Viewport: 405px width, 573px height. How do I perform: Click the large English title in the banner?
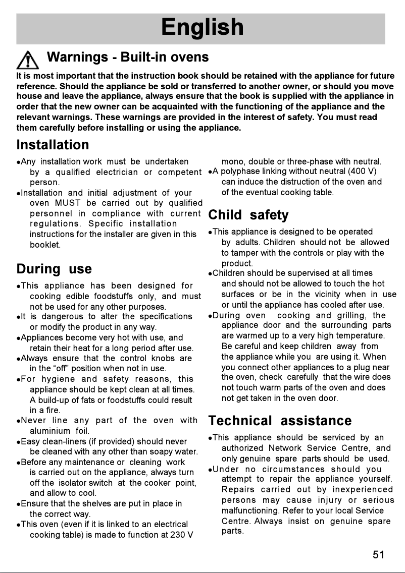pyautogui.click(x=202, y=27)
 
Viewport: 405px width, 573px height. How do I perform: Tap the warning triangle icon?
pyautogui.click(x=28, y=60)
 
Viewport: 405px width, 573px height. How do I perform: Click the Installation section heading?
pyautogui.click(x=53, y=145)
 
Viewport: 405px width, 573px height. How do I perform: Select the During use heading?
pyautogui.click(x=54, y=268)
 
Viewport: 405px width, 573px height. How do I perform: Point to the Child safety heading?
pyautogui.click(x=248, y=215)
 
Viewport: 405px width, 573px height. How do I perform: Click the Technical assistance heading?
pyautogui.click(x=280, y=421)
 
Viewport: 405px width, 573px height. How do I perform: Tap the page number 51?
pyautogui.click(x=379, y=555)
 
